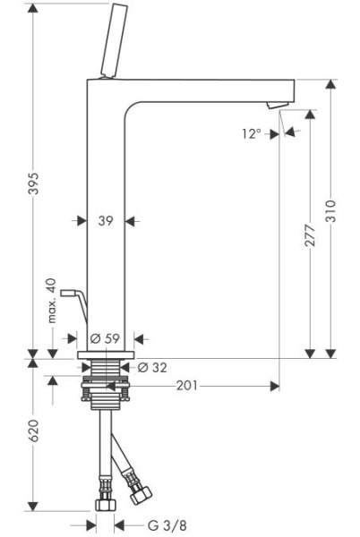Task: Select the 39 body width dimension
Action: click(x=106, y=221)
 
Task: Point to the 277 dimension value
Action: click(x=310, y=242)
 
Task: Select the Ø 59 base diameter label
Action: click(x=106, y=338)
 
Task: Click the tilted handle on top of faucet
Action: click(x=112, y=40)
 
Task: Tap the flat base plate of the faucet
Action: click(x=106, y=355)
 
